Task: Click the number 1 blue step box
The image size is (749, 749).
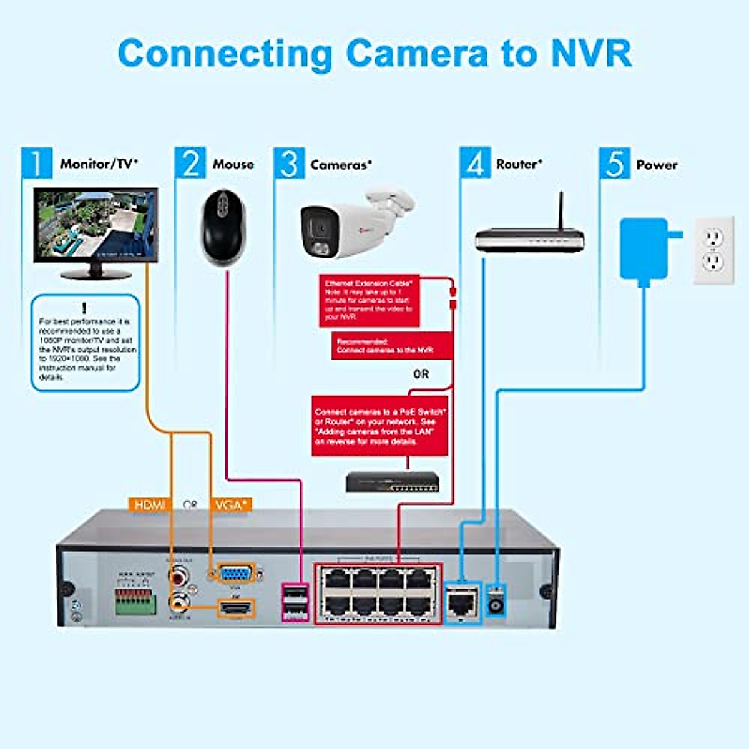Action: click(x=37, y=163)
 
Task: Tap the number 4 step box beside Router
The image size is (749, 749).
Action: click(x=475, y=163)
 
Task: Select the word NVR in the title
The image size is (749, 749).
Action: click(x=590, y=54)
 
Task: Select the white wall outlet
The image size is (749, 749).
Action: click(x=713, y=250)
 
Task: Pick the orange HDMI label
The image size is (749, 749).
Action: click(x=150, y=504)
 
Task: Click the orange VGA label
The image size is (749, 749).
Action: click(x=231, y=504)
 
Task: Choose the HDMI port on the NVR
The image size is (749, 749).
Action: click(x=236, y=607)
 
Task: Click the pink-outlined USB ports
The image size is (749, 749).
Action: click(x=295, y=602)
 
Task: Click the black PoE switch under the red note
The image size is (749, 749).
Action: click(x=393, y=482)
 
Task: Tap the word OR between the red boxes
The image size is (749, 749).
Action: click(x=421, y=374)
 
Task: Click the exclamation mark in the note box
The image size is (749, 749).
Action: click(x=84, y=308)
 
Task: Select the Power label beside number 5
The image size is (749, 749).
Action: click(x=657, y=165)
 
